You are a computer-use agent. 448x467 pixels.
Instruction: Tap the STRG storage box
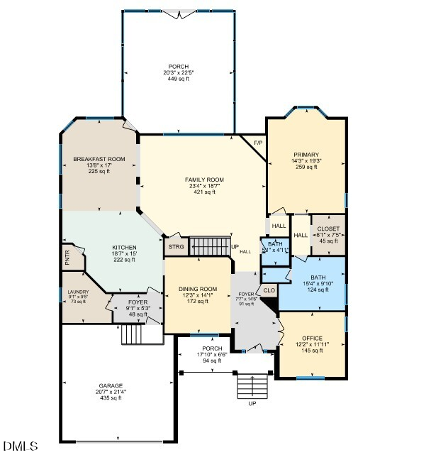pos(176,247)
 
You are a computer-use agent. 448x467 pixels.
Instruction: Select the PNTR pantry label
pos(67,257)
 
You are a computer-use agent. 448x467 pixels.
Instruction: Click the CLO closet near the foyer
pos(269,290)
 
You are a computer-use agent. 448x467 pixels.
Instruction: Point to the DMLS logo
pos(21,446)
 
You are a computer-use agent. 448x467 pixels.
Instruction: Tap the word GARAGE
pos(110,385)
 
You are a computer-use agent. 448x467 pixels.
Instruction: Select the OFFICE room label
pos(312,339)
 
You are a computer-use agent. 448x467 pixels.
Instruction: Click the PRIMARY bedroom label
pos(306,154)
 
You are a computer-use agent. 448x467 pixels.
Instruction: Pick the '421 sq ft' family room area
pos(204,192)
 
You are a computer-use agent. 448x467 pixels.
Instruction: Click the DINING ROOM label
pos(198,289)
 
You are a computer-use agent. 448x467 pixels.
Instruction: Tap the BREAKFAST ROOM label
pos(99,159)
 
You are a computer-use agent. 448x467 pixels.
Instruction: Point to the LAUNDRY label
pos(77,292)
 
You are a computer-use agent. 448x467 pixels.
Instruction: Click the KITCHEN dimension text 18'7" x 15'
pos(119,253)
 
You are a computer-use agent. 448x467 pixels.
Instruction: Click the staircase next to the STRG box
pos(209,247)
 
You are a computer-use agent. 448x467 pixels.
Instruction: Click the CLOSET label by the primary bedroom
pos(328,229)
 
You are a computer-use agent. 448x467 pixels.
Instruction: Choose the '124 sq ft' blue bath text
pos(313,290)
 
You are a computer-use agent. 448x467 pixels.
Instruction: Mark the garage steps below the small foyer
pos(133,334)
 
